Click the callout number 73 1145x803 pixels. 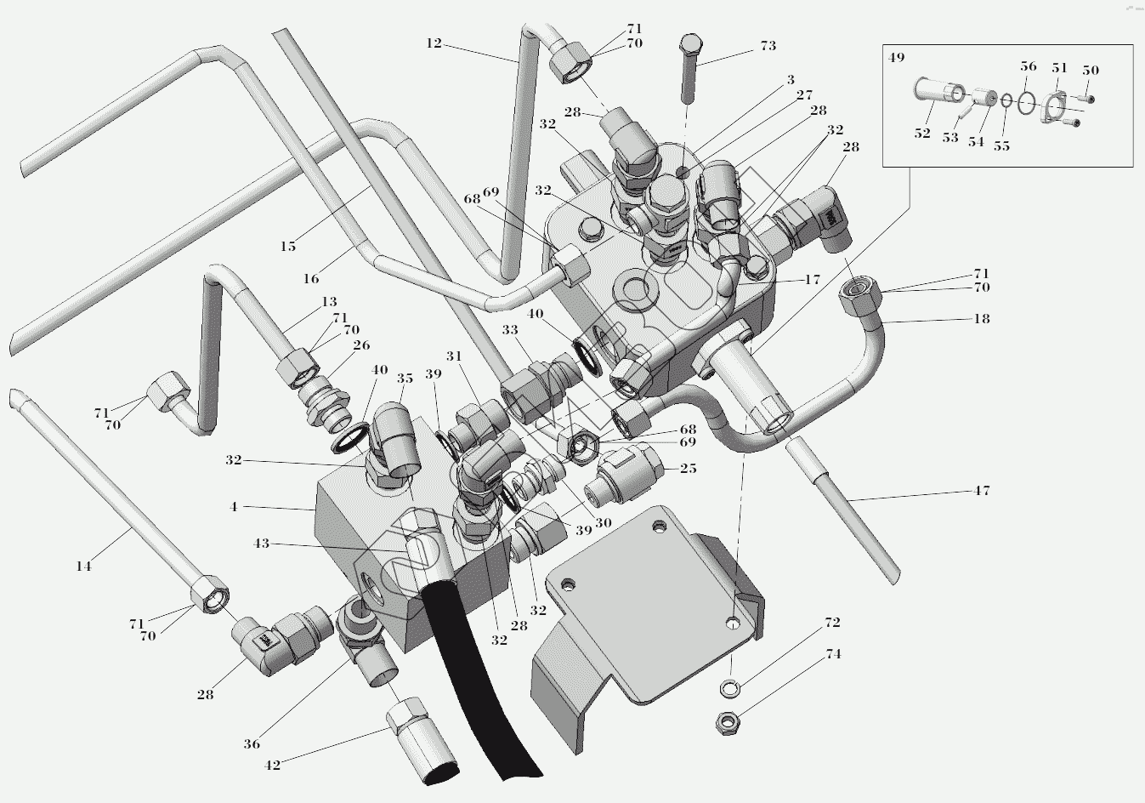click(x=768, y=46)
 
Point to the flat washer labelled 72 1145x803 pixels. click(x=729, y=688)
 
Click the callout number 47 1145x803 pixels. click(x=982, y=491)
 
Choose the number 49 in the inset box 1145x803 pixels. click(x=897, y=57)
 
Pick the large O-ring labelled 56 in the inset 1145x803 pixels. click(x=1026, y=104)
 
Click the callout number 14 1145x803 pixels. click(x=83, y=567)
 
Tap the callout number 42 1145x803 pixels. click(x=273, y=766)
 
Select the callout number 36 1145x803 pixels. click(x=252, y=744)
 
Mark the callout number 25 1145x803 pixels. click(x=688, y=469)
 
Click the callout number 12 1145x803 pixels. click(x=434, y=43)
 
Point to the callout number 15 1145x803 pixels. click(x=288, y=247)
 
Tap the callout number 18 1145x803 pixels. click(x=982, y=319)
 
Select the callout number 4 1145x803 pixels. click(x=234, y=507)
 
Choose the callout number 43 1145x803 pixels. click(x=261, y=544)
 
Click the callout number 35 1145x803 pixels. click(x=405, y=379)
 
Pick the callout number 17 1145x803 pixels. click(x=813, y=280)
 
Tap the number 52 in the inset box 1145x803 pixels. click(x=922, y=134)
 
